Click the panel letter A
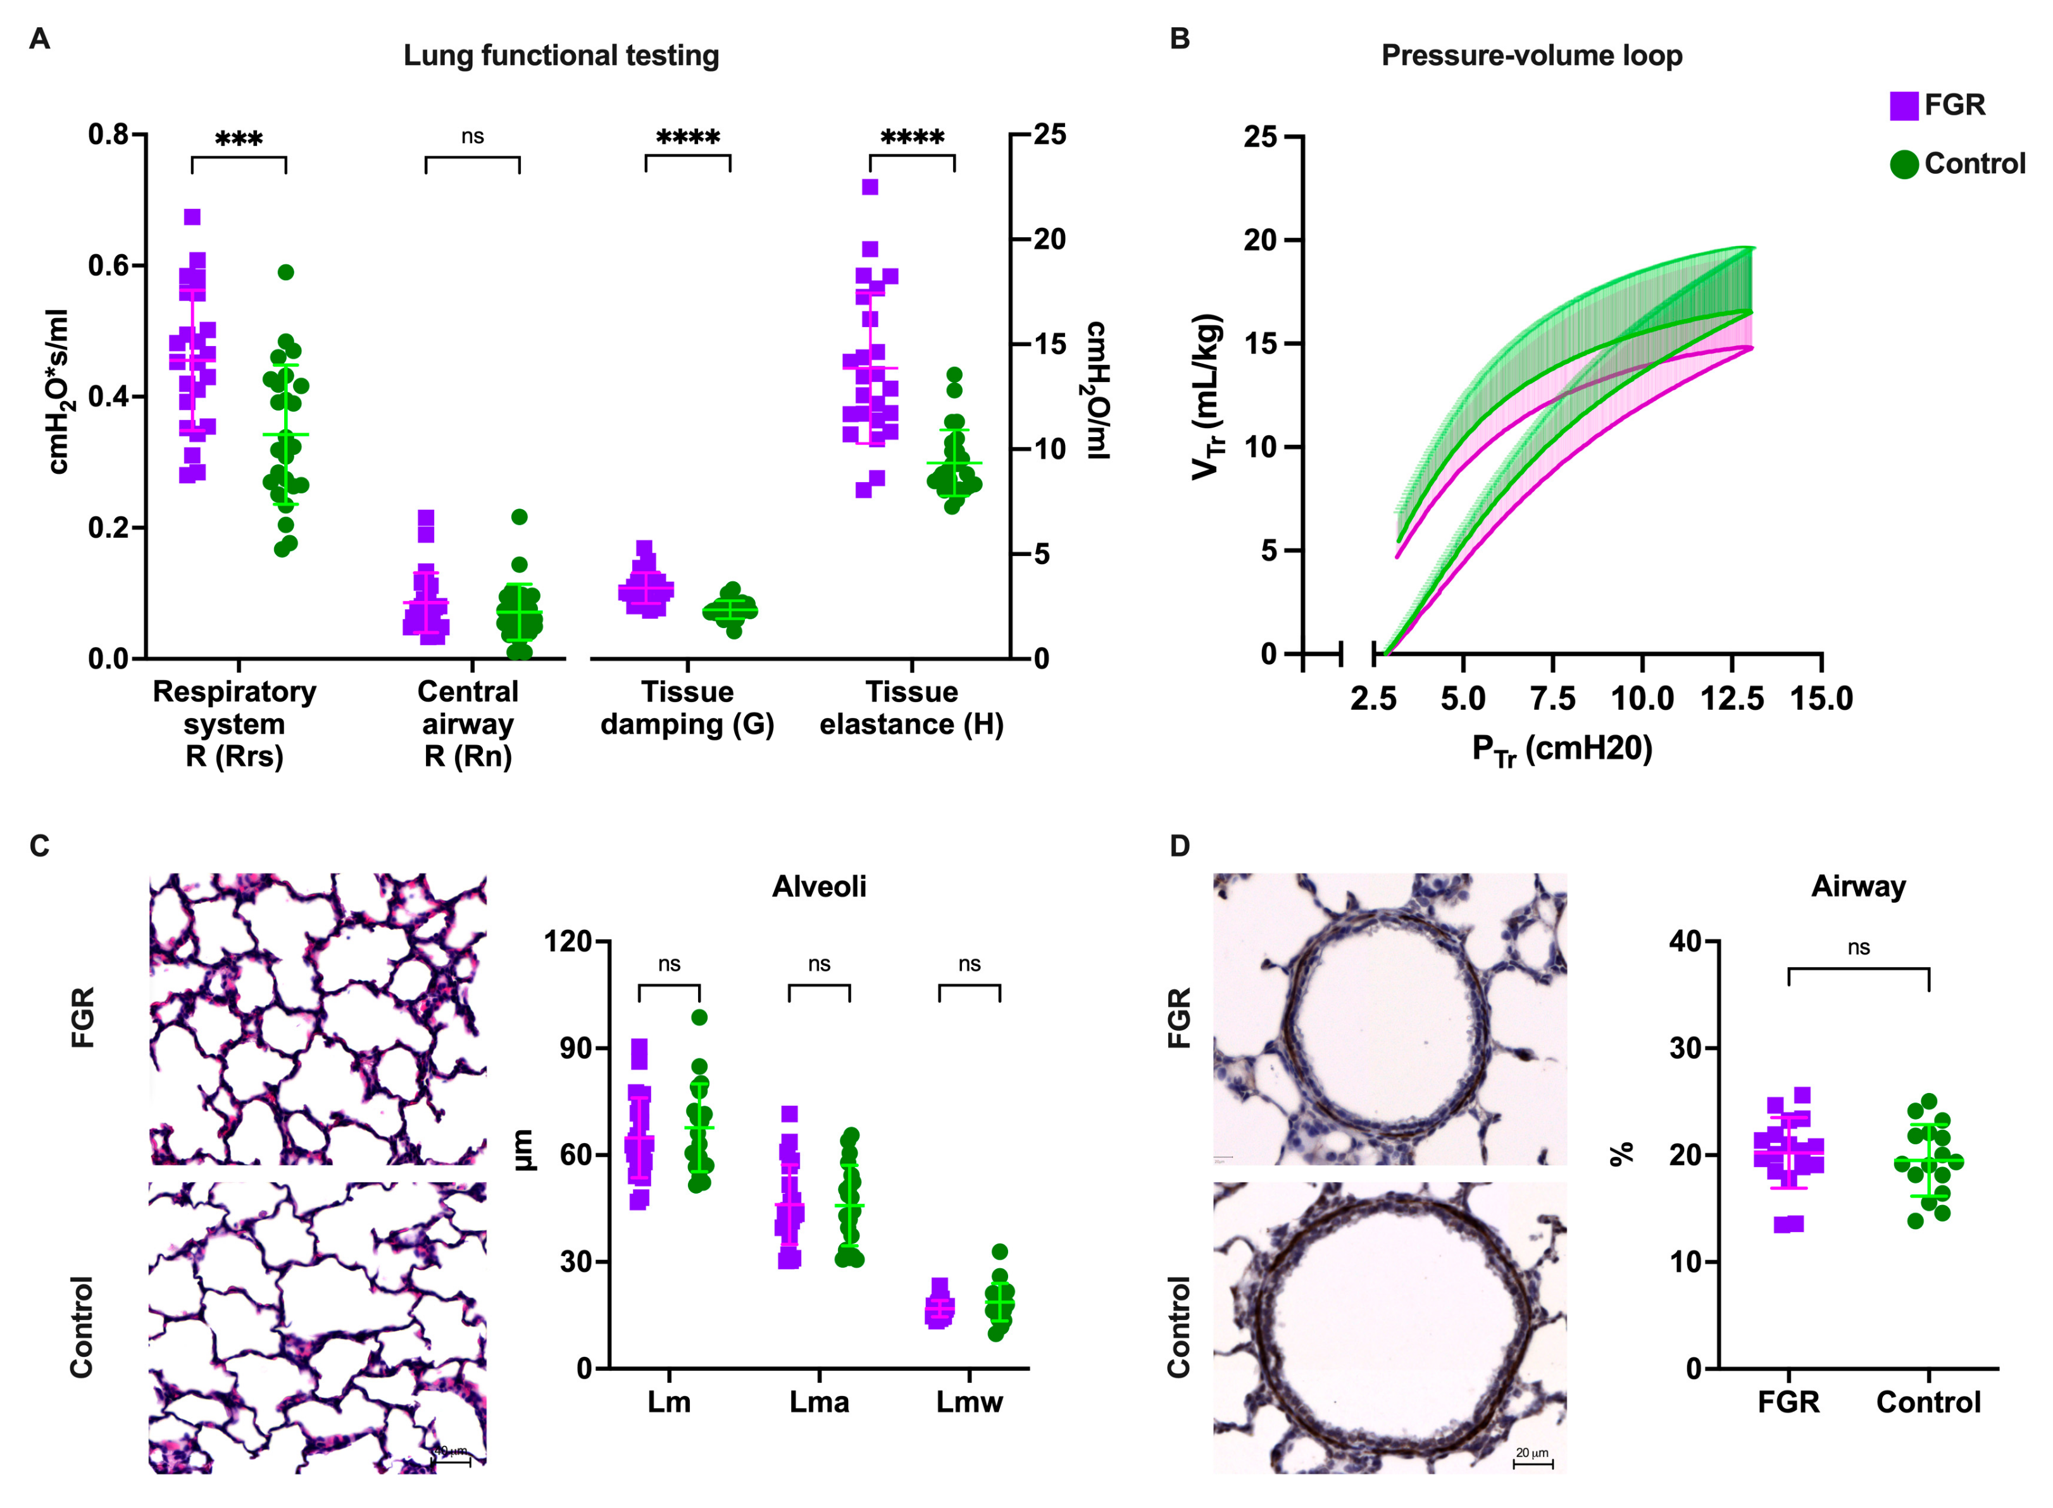[x=39, y=39]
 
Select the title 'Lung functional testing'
[x=561, y=56]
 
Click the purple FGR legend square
[x=1903, y=105]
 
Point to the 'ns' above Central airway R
[x=472, y=137]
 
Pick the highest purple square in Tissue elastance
[x=870, y=187]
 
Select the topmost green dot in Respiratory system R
[x=286, y=272]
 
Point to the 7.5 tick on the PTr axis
[x=1552, y=698]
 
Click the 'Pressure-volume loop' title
[x=1531, y=56]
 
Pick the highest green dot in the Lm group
[x=699, y=1017]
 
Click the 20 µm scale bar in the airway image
[x=1532, y=1463]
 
